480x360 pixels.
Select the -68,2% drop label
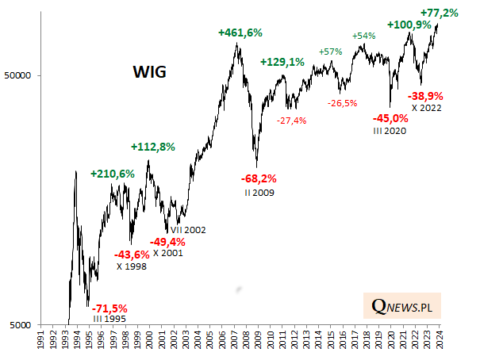pyautogui.click(x=259, y=178)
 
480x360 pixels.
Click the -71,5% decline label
pyautogui.click(x=110, y=308)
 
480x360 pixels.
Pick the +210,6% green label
pyautogui.click(x=113, y=173)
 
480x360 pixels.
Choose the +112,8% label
pyautogui.click(x=152, y=147)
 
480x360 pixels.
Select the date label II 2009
pyautogui.click(x=259, y=192)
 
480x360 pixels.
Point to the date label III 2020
pyautogui.click(x=390, y=131)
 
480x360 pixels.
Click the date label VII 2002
pyautogui.click(x=188, y=230)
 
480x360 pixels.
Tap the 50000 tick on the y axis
pyautogui.click(x=35, y=76)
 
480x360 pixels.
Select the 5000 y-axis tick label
pyautogui.click(x=37, y=325)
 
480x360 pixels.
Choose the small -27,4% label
pyautogui.click(x=293, y=120)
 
